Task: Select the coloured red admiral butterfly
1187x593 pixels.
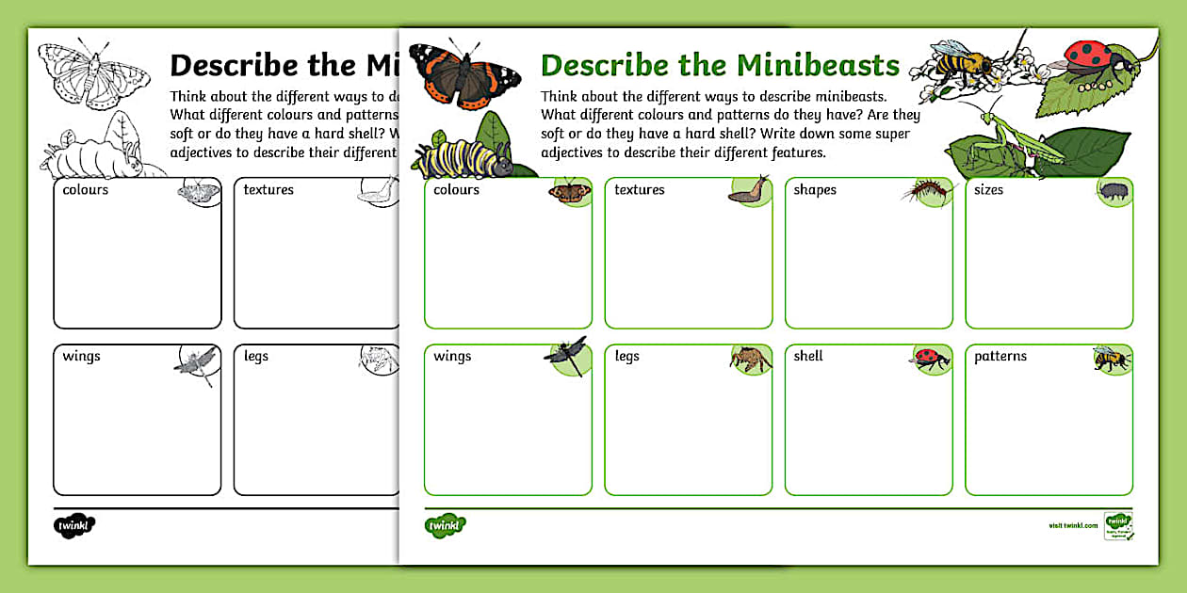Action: (x=463, y=75)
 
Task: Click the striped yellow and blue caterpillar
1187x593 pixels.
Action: (x=463, y=157)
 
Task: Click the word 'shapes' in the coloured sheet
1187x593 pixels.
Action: (x=815, y=190)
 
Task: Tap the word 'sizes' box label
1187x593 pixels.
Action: (x=988, y=190)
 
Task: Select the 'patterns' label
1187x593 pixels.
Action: (x=1000, y=357)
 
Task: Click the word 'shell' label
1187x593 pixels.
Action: (x=808, y=357)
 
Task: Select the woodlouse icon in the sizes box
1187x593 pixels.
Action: (x=1113, y=191)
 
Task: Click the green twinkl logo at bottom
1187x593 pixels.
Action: (x=446, y=524)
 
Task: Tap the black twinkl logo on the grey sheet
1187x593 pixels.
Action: (x=74, y=525)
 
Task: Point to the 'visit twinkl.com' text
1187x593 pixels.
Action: (x=1073, y=525)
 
